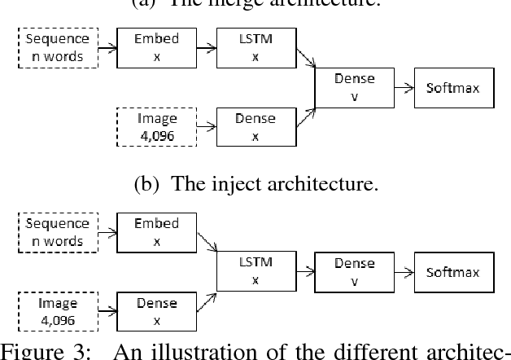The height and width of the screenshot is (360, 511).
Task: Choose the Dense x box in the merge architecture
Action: click(255, 127)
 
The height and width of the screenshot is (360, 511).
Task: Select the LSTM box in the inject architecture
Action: click(255, 271)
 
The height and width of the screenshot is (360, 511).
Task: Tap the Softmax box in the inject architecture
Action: click(454, 271)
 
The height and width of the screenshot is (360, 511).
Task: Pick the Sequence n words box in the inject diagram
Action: click(56, 231)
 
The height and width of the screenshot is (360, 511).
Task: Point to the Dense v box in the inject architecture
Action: click(354, 271)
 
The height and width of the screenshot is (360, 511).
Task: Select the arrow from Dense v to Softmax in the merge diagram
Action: click(403, 86)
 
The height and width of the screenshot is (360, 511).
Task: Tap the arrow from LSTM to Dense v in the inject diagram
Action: click(304, 271)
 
